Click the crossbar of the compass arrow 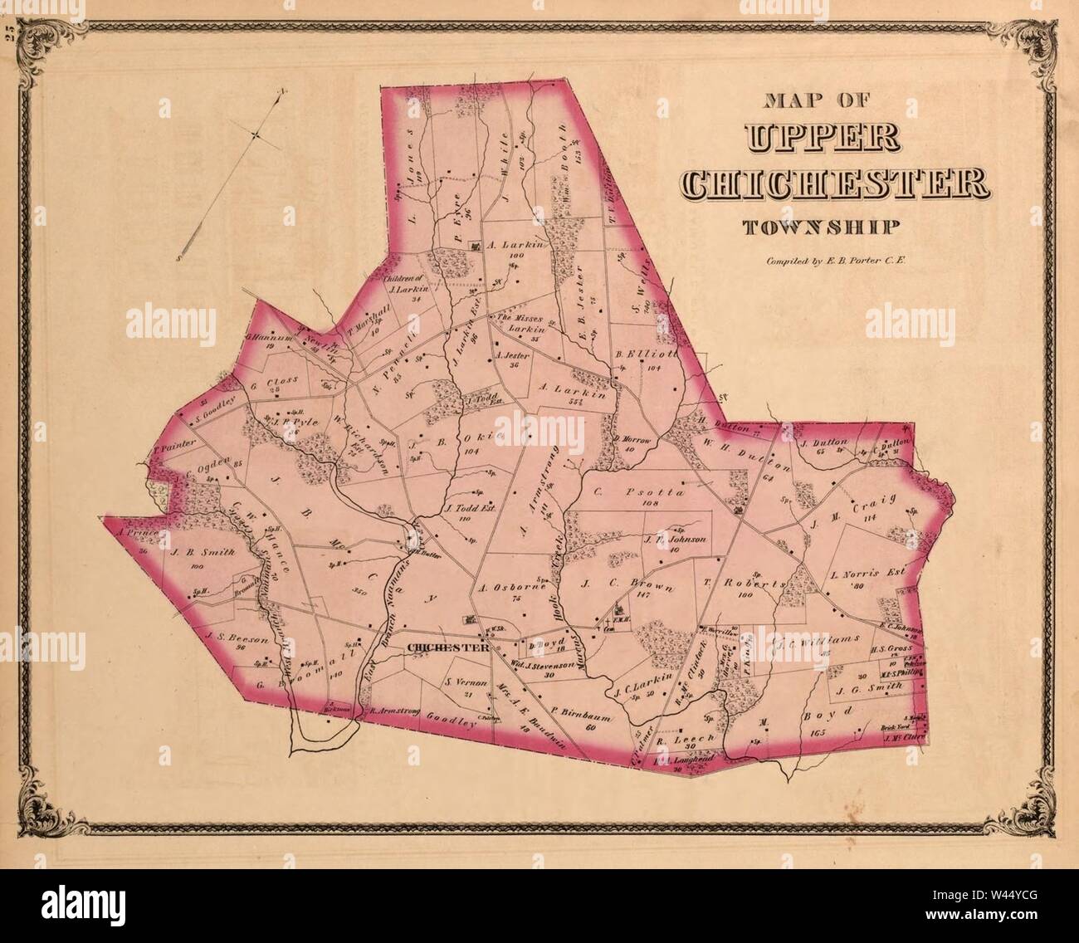(x=256, y=134)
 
